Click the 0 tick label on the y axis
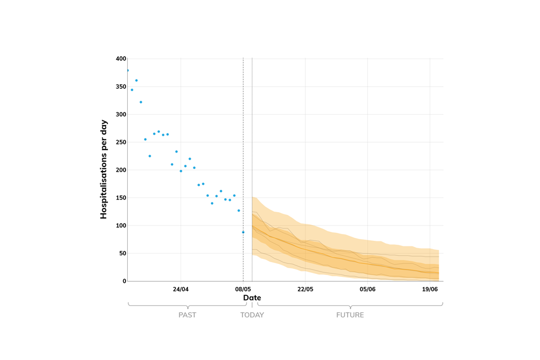pyautogui.click(x=124, y=281)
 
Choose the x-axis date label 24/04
pyautogui.click(x=181, y=289)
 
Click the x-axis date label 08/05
pyautogui.click(x=243, y=289)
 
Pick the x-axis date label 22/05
pyautogui.click(x=305, y=289)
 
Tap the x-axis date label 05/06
pyautogui.click(x=367, y=289)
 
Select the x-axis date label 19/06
pyautogui.click(x=430, y=289)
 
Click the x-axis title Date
pyautogui.click(x=252, y=298)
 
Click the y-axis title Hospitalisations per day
pyautogui.click(x=103, y=169)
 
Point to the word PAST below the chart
pyautogui.click(x=187, y=315)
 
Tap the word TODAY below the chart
pyautogui.click(x=252, y=315)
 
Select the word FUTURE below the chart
pyautogui.click(x=350, y=315)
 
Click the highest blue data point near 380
pyautogui.click(x=128, y=70)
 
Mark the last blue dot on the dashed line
pyautogui.click(x=243, y=232)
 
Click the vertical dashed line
pyautogui.click(x=243, y=141)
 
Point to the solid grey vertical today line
pyautogui.click(x=252, y=141)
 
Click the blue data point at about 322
pyautogui.click(x=141, y=102)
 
